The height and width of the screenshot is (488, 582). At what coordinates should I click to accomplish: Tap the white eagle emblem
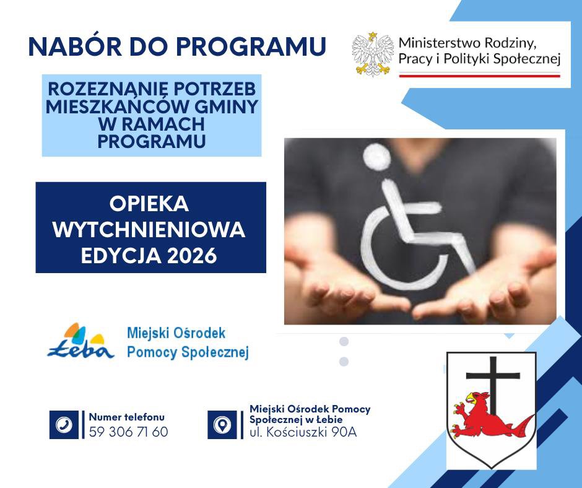pyautogui.click(x=373, y=56)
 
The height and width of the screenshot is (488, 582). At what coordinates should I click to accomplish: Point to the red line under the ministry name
pyautogui.click(x=479, y=75)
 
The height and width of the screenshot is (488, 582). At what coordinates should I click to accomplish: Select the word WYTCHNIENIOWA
pyautogui.click(x=149, y=230)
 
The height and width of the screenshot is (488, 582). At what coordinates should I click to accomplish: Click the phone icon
pyautogui.click(x=64, y=424)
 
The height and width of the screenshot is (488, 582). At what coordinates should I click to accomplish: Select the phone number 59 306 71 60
pyautogui.click(x=128, y=432)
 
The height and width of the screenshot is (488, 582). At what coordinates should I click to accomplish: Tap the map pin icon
pyautogui.click(x=222, y=424)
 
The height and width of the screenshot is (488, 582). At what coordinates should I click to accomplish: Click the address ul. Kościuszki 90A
pyautogui.click(x=303, y=432)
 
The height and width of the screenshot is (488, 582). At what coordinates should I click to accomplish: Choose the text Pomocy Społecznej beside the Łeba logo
pyautogui.click(x=188, y=352)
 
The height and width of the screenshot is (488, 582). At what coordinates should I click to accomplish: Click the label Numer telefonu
pyautogui.click(x=127, y=417)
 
